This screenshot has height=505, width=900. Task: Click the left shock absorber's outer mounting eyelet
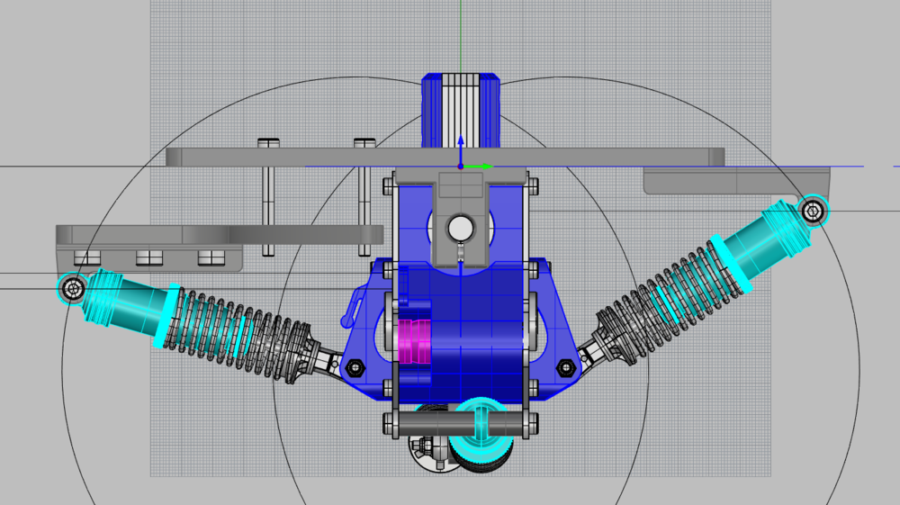point(72,288)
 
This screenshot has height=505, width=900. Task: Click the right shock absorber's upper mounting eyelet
point(813,211)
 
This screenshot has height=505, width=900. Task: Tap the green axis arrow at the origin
point(483,167)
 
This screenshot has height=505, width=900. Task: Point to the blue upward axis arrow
point(460,144)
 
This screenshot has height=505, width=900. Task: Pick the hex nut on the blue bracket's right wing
point(566,367)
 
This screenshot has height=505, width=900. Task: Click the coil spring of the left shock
point(238,328)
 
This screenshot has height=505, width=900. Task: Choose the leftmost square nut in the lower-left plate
point(86,257)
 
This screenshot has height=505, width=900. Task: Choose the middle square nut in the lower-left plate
point(148,257)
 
